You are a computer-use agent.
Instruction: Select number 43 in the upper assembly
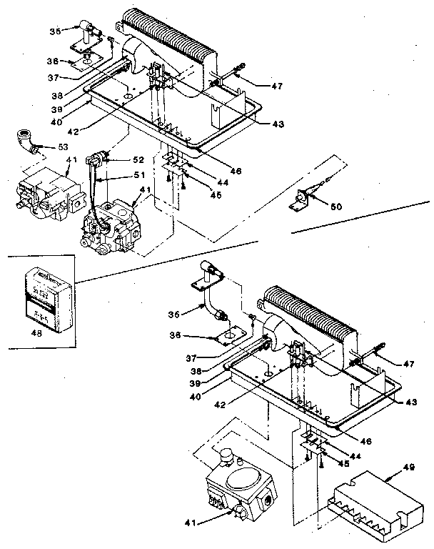[x=278, y=123]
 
